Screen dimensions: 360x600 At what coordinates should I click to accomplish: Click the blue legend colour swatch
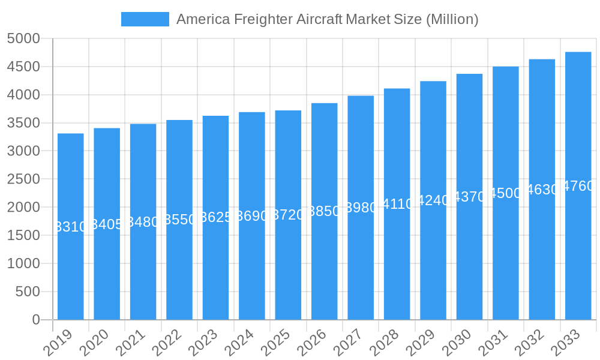click(145, 19)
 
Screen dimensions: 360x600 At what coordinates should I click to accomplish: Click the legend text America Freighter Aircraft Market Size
click(327, 19)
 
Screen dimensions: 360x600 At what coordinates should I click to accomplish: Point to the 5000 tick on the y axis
click(23, 39)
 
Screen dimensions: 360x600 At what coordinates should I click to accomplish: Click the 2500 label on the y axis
click(23, 179)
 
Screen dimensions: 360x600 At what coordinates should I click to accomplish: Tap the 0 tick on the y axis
click(35, 320)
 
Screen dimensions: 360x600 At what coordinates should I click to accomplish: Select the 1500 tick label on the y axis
click(23, 236)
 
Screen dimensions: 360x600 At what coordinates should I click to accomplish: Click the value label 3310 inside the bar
click(71, 227)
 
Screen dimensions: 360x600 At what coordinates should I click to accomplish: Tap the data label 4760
click(578, 186)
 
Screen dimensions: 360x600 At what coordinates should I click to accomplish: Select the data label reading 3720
click(288, 215)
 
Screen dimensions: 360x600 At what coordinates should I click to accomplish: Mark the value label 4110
click(397, 204)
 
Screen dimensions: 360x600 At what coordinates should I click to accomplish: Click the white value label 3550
click(179, 220)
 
